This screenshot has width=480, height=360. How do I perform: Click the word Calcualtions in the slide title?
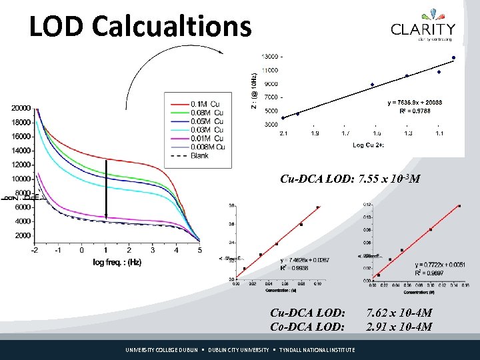(172, 26)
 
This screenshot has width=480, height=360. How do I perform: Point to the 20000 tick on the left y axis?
(21, 108)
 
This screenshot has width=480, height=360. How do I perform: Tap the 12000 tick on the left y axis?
(21, 165)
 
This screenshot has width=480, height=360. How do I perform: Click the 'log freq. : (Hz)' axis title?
(117, 263)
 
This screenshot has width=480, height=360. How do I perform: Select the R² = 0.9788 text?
(413, 111)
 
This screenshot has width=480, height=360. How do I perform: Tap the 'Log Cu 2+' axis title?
(368, 145)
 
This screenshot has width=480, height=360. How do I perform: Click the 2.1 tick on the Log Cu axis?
(283, 133)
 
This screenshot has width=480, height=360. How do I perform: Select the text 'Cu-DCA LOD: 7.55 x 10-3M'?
(349, 179)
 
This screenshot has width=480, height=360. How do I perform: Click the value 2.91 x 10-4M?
(399, 327)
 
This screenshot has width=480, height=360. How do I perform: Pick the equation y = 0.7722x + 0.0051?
(422, 265)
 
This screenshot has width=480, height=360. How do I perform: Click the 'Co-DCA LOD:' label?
(307, 327)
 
